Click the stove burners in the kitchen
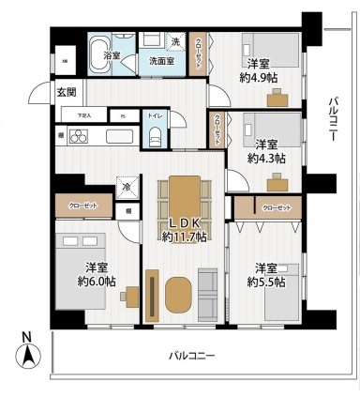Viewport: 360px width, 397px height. pyautogui.click(x=76, y=136)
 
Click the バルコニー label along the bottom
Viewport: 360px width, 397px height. pyautogui.click(x=192, y=356)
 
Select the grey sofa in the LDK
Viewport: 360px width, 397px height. pyautogui.click(x=207, y=294)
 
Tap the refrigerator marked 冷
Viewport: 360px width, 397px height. pyautogui.click(x=125, y=187)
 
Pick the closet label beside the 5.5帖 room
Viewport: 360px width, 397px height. pyautogui.click(x=276, y=206)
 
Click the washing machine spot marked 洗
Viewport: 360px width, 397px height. pyautogui.click(x=176, y=42)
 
